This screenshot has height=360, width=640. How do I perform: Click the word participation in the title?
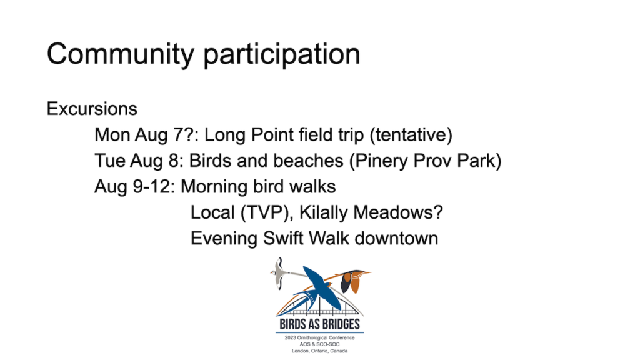click(282, 55)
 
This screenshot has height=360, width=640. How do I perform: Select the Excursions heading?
click(92, 109)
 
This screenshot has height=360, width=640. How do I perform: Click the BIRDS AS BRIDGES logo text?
click(319, 324)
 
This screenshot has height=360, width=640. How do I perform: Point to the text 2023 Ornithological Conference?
click(319, 337)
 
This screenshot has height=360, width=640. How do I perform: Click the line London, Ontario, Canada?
click(319, 351)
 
